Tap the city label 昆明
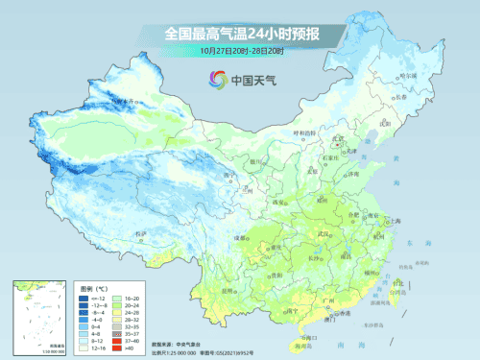pyautogui.click(x=228, y=289)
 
